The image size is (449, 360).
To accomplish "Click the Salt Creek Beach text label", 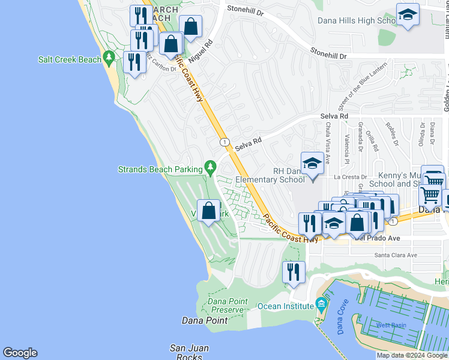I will tap(69, 59).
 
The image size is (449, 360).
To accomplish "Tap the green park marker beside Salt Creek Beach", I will tap(109, 58).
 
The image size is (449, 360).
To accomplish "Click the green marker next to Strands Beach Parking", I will tap(209, 166).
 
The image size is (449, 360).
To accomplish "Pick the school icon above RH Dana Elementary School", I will tap(312, 163).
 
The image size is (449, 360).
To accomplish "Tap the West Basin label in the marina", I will tap(391, 325).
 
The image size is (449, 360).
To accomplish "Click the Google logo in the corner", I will tap(20, 353).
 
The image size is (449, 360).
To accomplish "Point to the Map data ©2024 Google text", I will tap(412, 355).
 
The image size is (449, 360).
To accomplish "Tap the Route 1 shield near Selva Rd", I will tap(224, 142).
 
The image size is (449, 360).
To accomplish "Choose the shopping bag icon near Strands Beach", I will tap(208, 211).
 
